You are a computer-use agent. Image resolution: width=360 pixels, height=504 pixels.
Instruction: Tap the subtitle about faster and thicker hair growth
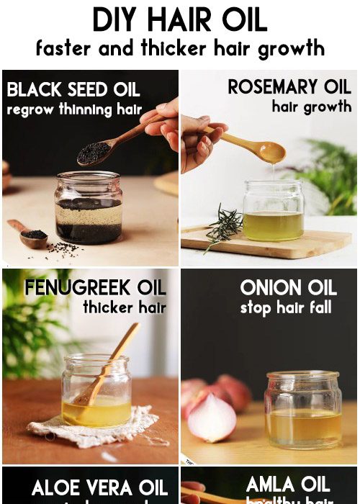[x=179, y=49]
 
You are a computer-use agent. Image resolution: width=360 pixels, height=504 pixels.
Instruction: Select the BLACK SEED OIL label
[x=73, y=91]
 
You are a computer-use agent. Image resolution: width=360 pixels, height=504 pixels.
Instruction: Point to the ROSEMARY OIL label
[x=289, y=87]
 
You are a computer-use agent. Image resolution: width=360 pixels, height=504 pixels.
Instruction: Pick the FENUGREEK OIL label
[x=95, y=288]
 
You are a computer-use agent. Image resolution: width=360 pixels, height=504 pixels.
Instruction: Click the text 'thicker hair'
[x=124, y=308]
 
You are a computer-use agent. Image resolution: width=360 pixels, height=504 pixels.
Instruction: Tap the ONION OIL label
[x=288, y=288]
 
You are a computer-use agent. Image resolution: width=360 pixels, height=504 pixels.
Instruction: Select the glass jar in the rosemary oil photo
[x=274, y=210]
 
